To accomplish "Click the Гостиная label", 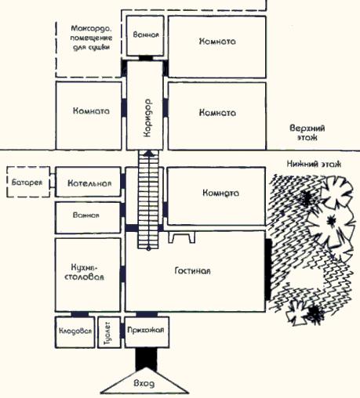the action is [192, 270].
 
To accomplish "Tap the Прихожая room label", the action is [146, 330].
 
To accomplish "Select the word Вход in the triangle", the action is [144, 383].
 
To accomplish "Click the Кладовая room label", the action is [75, 331].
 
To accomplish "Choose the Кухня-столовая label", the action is [84, 272].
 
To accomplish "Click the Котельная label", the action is [89, 183].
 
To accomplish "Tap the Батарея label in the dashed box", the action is [27, 183].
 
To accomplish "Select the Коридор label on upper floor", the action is [147, 118].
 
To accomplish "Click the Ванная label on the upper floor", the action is [146, 34].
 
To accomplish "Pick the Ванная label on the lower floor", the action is [86, 215].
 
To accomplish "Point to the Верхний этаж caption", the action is [307, 132].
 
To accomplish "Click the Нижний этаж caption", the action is [314, 164].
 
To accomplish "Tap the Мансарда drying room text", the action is [91, 38].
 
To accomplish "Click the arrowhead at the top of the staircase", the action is [149, 154].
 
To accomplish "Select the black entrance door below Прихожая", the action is [147, 359].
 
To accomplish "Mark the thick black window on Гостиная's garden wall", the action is [267, 270].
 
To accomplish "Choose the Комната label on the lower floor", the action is [220, 193].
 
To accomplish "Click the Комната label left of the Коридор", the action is [91, 111].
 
